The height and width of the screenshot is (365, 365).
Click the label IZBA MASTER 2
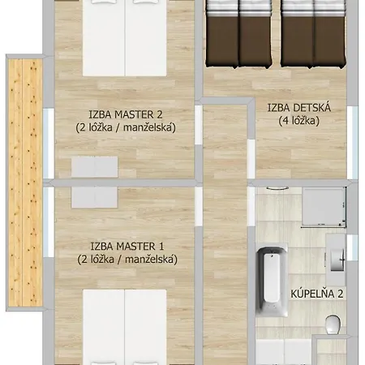[126, 114]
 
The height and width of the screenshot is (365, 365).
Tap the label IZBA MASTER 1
[127, 247]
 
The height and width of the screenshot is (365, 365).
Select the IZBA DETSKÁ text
[299, 108]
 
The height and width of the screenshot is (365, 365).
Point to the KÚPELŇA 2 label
[317, 294]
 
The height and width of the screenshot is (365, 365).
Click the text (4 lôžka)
[299, 121]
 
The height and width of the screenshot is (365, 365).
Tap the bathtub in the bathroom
[272, 281]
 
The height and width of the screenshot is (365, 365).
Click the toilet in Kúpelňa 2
[333, 324]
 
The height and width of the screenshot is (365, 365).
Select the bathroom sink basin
[337, 260]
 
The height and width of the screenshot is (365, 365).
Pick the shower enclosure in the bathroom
[324, 206]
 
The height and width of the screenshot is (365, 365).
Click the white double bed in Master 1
[125, 327]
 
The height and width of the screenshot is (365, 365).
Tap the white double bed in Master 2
[125, 38]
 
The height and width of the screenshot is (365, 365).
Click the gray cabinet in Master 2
[94, 167]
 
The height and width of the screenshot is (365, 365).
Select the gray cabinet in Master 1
[94, 198]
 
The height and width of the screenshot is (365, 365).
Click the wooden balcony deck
[25, 182]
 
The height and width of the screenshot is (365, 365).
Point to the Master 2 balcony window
[49, 144]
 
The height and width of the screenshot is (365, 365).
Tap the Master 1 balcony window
[49, 222]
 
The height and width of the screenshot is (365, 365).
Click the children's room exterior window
[353, 143]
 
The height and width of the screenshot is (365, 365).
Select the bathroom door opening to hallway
[251, 207]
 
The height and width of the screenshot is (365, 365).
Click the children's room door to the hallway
[251, 159]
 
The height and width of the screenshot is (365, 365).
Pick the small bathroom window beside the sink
[353, 247]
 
